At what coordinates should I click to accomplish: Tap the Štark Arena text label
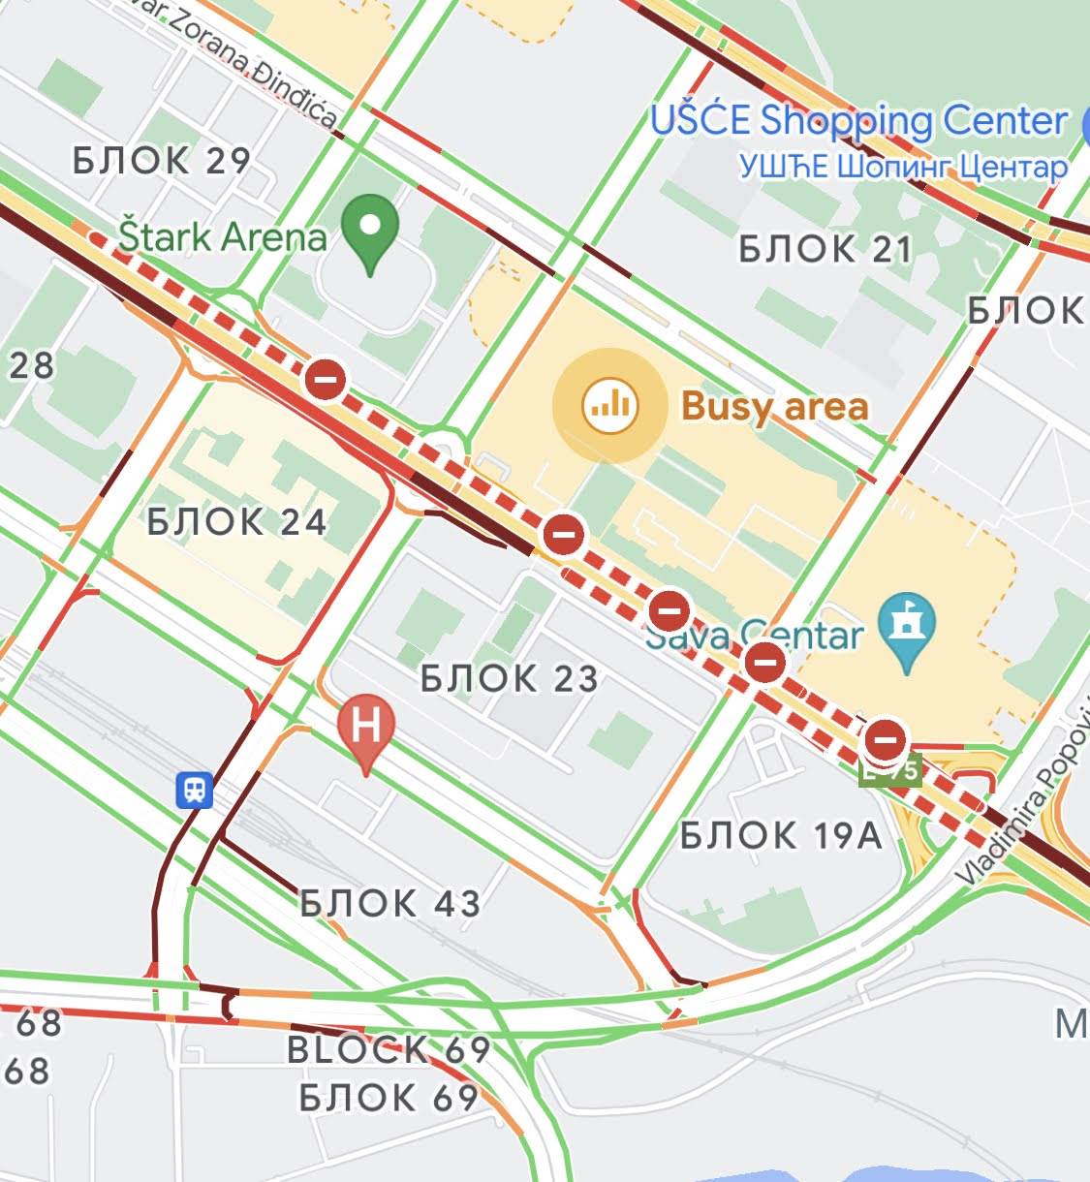coord(222,236)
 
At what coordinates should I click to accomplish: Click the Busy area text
coord(774,407)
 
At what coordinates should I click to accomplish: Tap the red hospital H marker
coord(365,728)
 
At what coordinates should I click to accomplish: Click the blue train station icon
coord(196,790)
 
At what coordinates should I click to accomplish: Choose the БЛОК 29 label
coord(162,160)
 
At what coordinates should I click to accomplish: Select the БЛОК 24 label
coord(237,522)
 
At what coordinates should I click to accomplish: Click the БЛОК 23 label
coord(510,678)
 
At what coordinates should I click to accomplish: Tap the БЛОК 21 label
coord(825,249)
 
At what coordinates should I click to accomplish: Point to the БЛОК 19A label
coord(781,834)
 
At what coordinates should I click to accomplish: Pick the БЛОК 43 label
coord(389,904)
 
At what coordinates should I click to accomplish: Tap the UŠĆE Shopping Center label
coord(858,121)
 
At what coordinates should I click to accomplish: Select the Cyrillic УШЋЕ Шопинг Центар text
coord(902,167)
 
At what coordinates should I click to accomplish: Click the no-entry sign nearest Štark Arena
coord(326,378)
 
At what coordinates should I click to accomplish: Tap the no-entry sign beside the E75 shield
coord(885,740)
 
